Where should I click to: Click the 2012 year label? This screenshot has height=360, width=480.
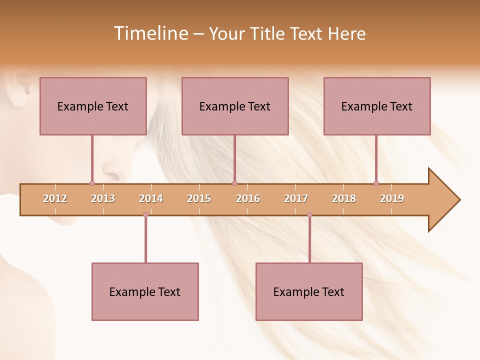pos(55,198)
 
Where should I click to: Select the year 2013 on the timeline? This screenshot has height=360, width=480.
pos(103,198)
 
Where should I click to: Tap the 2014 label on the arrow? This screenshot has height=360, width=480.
pos(151,198)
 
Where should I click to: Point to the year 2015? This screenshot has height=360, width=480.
pos(199,198)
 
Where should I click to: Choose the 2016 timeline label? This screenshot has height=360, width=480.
pos(248,198)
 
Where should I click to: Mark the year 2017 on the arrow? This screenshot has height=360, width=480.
pos(296,198)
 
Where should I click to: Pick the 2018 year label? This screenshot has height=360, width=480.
pos(344,198)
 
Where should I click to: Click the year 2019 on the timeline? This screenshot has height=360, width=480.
pos(392,198)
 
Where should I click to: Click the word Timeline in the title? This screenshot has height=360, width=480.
pos(150,33)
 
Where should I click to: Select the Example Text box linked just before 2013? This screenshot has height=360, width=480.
pos(93,106)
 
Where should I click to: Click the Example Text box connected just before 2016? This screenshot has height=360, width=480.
pos(235,106)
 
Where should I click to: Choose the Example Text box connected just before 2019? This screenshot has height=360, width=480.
pos(377,106)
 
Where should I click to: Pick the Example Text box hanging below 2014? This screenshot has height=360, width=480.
pos(145,291)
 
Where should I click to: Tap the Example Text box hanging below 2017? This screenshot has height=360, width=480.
pos(309,291)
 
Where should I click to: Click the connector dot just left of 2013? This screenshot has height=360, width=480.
pos(92,183)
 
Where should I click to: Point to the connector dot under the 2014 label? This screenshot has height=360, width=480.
pos(145,215)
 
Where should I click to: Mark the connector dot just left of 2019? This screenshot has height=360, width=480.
pos(376,183)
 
